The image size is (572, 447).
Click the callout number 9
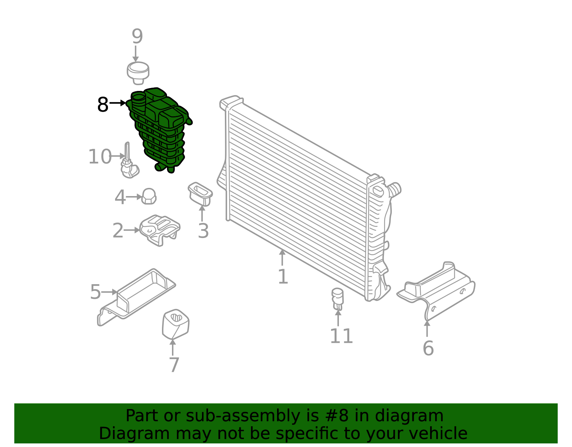click(x=137, y=37)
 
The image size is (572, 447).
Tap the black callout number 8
click(x=103, y=105)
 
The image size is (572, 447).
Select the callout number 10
click(x=100, y=157)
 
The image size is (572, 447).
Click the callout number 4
click(x=120, y=197)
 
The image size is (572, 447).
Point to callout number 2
click(x=118, y=231)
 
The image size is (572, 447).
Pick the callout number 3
click(x=203, y=231)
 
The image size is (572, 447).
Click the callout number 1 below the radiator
click(x=282, y=277)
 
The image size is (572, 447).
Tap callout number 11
click(x=341, y=336)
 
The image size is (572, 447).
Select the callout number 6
click(x=428, y=348)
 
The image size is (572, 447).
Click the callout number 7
click(x=174, y=365)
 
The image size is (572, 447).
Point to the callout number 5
click(x=95, y=292)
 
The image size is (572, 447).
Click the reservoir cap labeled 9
click(x=138, y=72)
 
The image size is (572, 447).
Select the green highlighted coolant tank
click(x=161, y=129)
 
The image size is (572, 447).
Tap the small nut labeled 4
click(x=149, y=196)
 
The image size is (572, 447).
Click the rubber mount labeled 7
click(x=175, y=324)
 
